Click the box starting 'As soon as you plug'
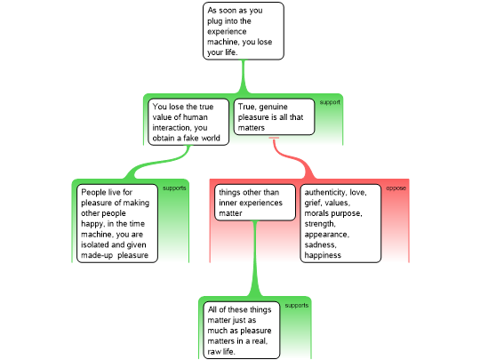pos(244,31)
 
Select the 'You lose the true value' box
pos(188,122)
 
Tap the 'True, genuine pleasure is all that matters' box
pos(274,116)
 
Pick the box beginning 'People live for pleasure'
pos(117,223)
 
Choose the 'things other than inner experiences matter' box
pos(255,203)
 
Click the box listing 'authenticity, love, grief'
pos(340,223)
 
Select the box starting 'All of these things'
pos(242,330)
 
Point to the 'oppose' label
pos(396,188)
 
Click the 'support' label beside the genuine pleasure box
pos(330,102)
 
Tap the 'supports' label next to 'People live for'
pos(174,188)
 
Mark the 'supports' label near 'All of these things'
pos(297,306)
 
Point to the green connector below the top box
pos(244,76)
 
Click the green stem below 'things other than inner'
pos(255,259)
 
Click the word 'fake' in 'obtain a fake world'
pos(192,138)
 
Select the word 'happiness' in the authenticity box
pos(323,255)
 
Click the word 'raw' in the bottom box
pos(213,351)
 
